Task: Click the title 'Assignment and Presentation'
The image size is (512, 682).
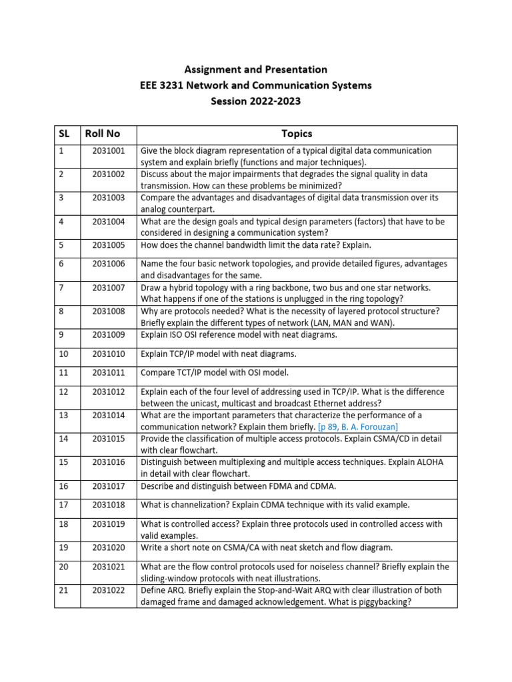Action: [x=256, y=69]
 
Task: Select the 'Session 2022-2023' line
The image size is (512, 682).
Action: [x=256, y=101]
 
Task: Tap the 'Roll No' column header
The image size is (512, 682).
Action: [x=102, y=134]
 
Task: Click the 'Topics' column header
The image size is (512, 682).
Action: [x=297, y=134]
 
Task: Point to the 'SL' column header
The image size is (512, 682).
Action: [x=64, y=134]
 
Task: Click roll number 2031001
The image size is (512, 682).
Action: [x=109, y=151]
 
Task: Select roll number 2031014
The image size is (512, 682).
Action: [x=109, y=415]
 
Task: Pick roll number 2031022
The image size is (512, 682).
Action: [x=109, y=590]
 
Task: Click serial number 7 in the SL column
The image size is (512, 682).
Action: [x=61, y=288]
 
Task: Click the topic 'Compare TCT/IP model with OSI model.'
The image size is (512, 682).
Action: [x=215, y=372]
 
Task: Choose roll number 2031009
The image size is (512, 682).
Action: [x=109, y=335]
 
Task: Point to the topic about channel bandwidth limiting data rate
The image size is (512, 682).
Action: [x=255, y=245]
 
